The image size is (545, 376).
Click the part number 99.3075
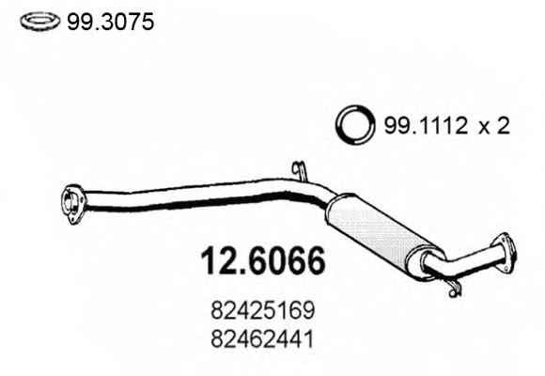coord(110,22)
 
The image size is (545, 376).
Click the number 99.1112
coord(426,126)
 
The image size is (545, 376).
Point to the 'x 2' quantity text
coord(493,126)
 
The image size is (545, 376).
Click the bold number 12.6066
coord(263,260)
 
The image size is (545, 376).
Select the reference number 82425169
coord(263,310)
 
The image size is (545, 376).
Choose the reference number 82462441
coord(262,339)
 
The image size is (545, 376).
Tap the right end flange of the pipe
coord(504,253)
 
